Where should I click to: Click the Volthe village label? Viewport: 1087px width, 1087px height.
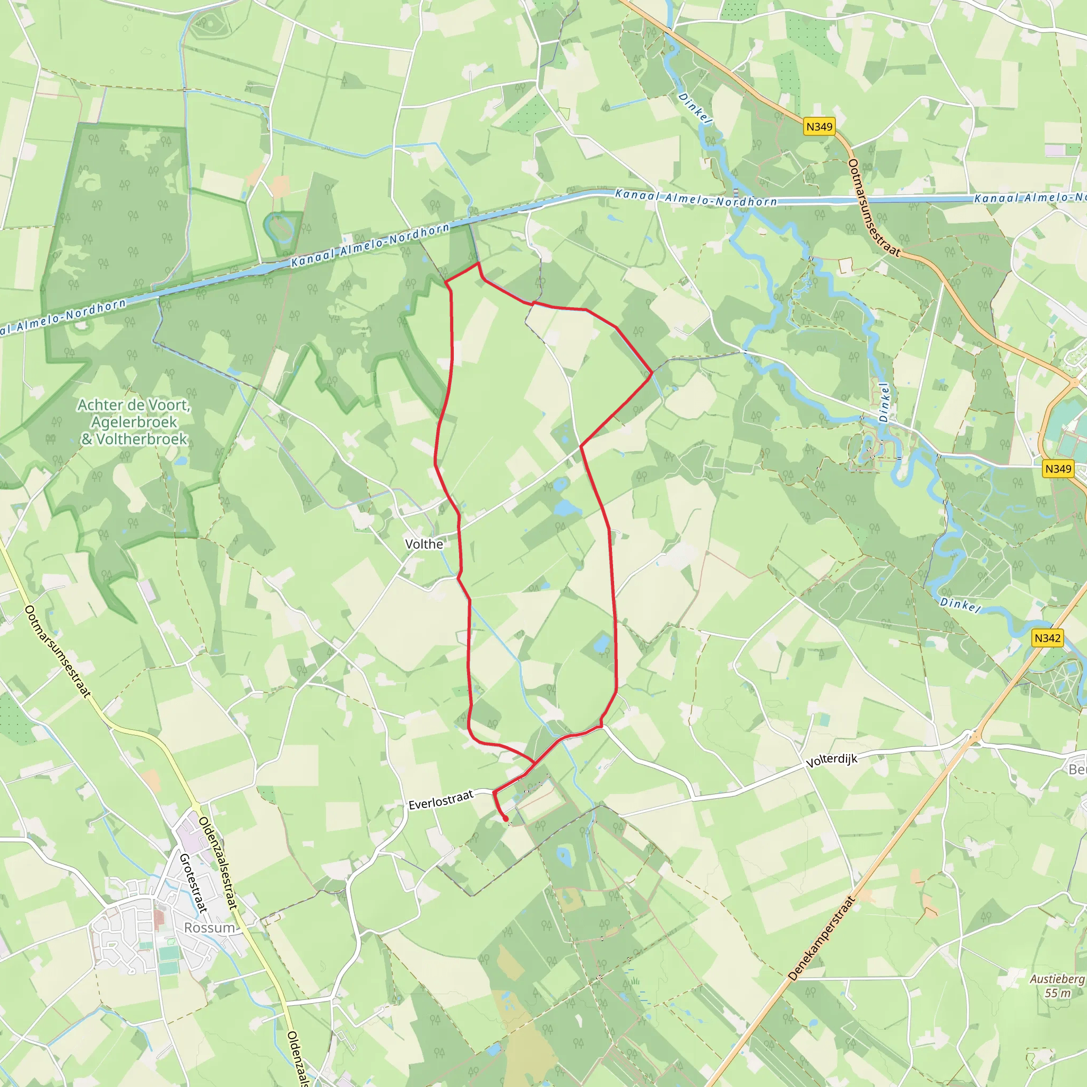424,544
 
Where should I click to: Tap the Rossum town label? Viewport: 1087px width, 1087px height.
209,928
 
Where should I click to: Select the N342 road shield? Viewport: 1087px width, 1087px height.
1047,638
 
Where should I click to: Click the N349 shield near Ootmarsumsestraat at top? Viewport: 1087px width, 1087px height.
818,127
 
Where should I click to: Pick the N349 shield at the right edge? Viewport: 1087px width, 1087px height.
1058,469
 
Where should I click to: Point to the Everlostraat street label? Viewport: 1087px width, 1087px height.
441,800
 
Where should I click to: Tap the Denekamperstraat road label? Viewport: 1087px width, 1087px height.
822,938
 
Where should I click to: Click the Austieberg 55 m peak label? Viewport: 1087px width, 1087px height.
1057,986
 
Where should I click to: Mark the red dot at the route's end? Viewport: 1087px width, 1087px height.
505,818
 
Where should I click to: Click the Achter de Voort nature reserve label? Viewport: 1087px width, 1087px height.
134,422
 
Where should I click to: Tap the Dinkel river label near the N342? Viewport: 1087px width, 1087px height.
960,606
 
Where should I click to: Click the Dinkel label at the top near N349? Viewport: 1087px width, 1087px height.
695,107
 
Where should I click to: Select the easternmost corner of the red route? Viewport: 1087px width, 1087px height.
652,373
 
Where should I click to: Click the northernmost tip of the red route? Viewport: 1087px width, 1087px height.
478,263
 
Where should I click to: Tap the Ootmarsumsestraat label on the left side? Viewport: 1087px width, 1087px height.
57,652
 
